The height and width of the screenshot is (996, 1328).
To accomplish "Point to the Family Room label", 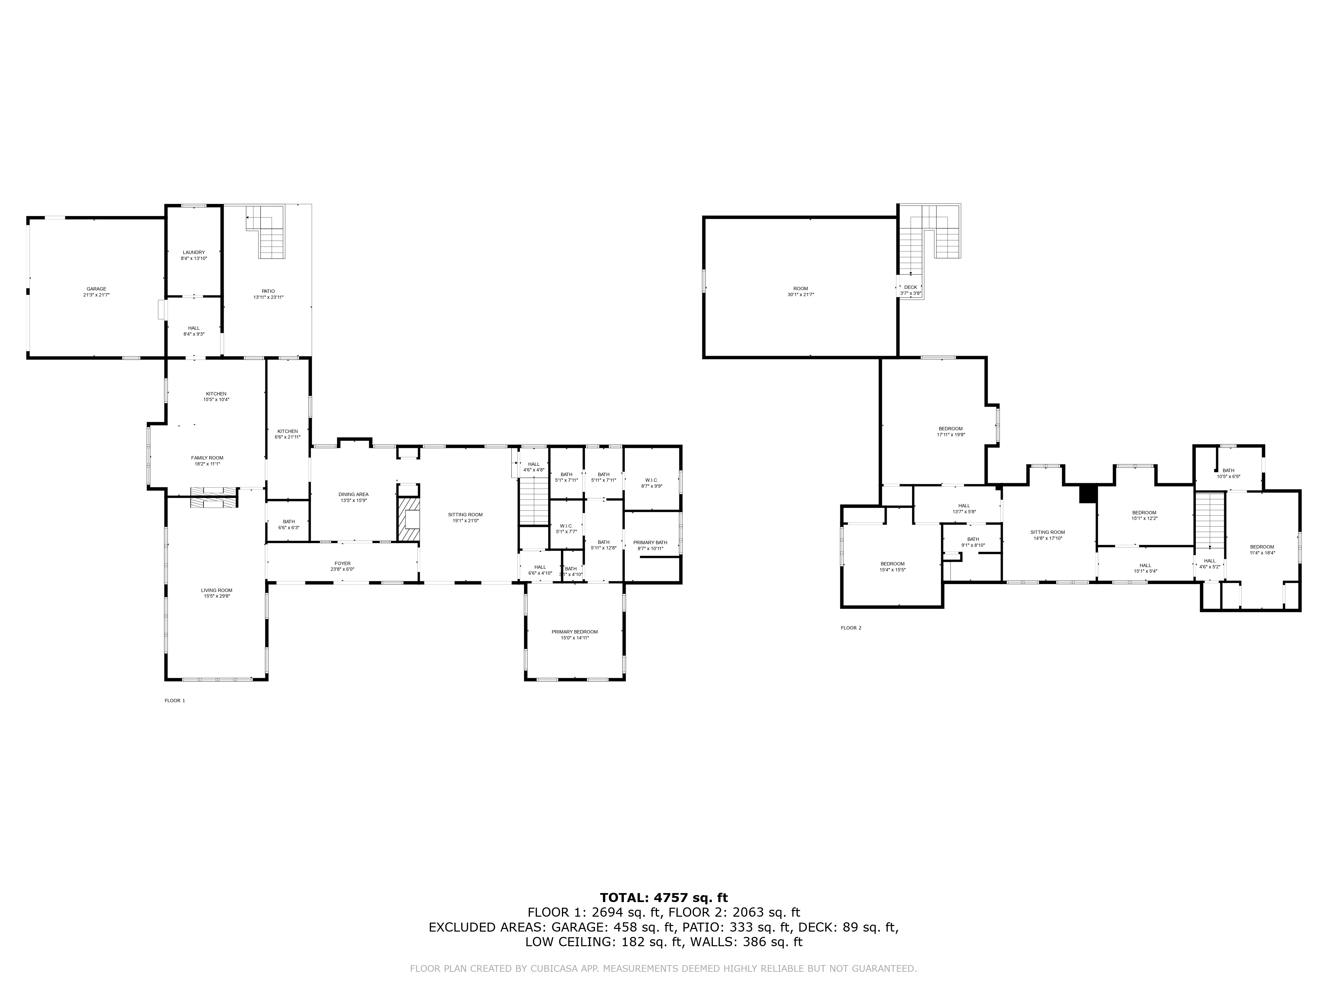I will point(207,460).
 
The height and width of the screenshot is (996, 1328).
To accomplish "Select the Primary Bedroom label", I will point(575,634).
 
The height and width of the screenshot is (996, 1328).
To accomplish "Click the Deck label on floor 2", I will point(910,290).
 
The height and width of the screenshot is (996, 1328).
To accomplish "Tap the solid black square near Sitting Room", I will point(1088,493).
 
